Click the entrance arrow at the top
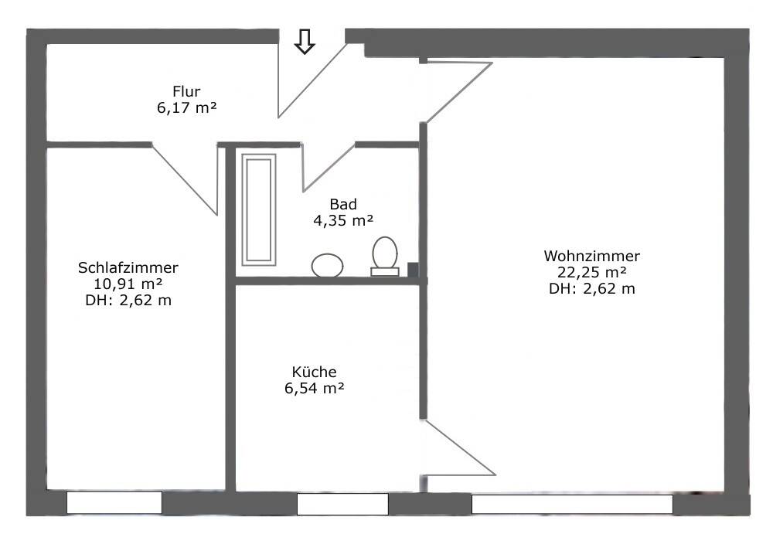click(x=305, y=42)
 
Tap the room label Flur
click(x=186, y=93)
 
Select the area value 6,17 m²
click(x=186, y=109)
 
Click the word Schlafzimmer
click(x=128, y=268)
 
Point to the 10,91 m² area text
click(x=128, y=284)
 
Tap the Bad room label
click(x=343, y=205)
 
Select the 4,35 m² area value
click(x=343, y=221)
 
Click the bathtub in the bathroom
click(x=259, y=209)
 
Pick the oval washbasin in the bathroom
click(x=328, y=265)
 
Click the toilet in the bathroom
click(x=384, y=256)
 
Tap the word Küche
click(x=315, y=372)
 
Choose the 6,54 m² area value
click(x=315, y=388)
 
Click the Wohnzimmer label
click(x=592, y=256)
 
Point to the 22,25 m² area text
click(x=592, y=272)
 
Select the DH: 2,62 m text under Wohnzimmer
click(x=592, y=289)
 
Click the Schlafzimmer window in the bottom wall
click(x=114, y=503)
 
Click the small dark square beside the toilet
click(x=413, y=270)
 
